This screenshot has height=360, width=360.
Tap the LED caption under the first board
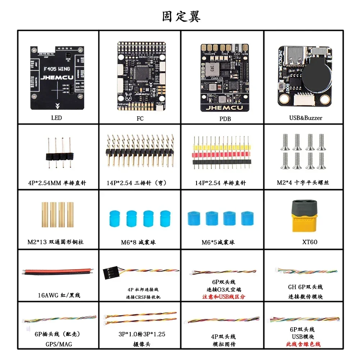[57, 118]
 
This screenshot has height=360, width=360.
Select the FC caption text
[140, 118]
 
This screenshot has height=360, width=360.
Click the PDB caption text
[225, 118]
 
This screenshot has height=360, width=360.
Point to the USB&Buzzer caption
[306, 118]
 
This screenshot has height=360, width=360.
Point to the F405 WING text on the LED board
[57, 69]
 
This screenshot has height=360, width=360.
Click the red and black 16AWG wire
[58, 271]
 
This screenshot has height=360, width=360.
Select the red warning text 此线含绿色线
[303, 344]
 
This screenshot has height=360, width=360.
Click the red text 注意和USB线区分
[224, 297]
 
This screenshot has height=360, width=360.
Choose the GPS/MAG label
[58, 344]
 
